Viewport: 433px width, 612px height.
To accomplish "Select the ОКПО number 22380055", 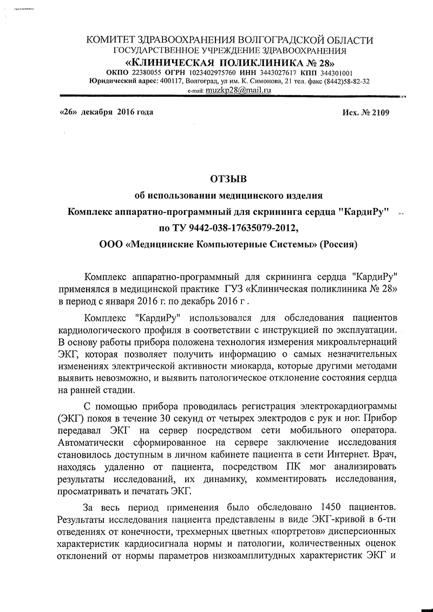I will coord(147,73).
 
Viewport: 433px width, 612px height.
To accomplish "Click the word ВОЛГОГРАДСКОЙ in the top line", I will coord(284,41).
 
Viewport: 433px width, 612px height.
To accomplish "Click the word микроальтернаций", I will coord(352,342).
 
